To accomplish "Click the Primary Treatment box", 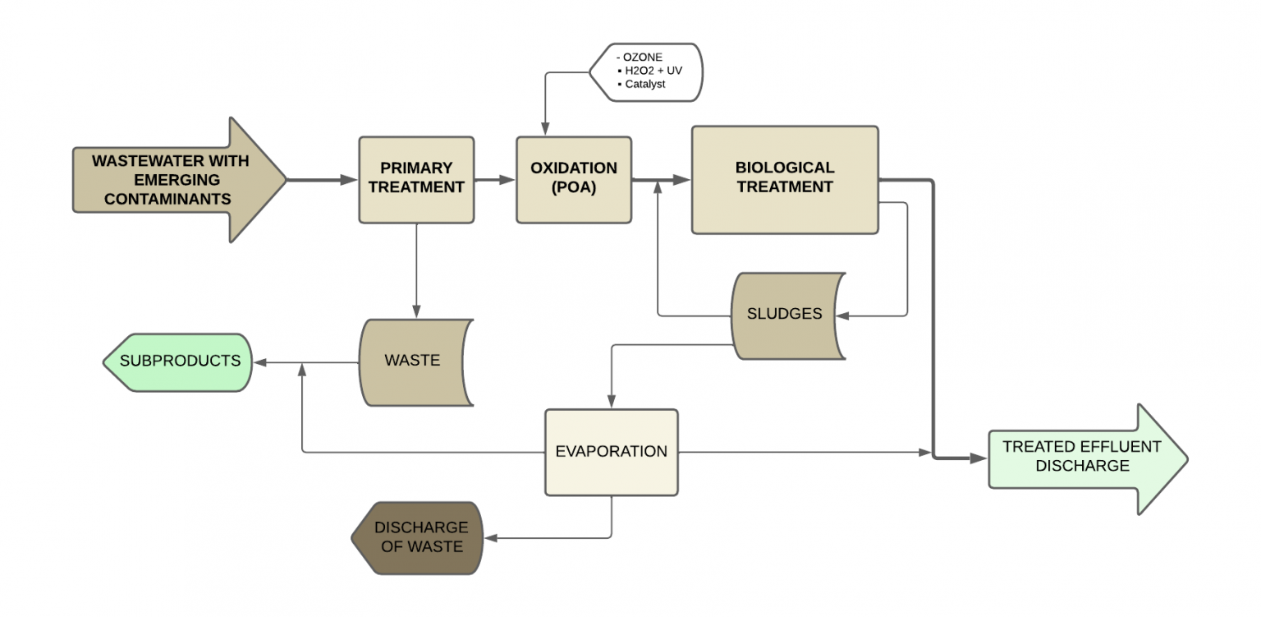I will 416,179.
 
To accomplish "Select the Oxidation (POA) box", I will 573,179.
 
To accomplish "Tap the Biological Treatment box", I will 784,179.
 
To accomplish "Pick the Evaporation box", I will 611,452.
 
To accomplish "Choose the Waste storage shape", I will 413,361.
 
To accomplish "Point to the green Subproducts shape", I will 179,361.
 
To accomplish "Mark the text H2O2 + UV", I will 653,71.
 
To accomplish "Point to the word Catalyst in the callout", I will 645,84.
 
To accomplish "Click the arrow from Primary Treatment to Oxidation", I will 495,179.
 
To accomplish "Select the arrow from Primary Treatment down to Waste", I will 416,271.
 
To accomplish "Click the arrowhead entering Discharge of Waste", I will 492,538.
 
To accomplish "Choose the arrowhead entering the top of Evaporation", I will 611,402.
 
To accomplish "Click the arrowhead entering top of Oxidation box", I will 543,129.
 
